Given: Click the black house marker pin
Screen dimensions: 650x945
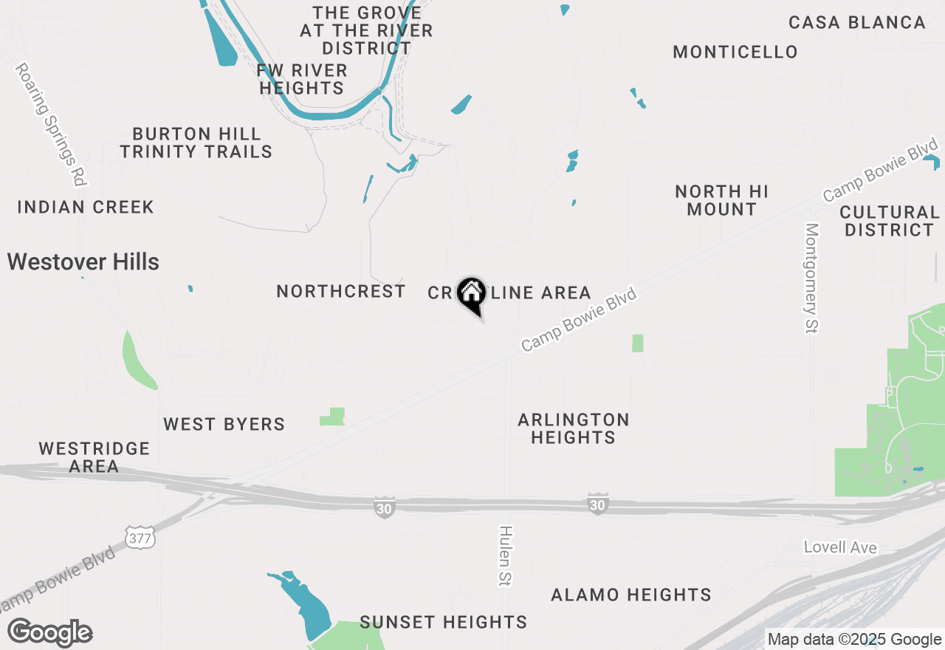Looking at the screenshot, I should click(471, 294).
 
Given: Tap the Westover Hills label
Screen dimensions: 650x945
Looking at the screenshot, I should click(83, 261).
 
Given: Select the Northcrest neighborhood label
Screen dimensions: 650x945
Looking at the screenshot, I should click(341, 292).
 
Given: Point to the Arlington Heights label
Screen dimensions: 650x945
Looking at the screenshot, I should click(574, 428).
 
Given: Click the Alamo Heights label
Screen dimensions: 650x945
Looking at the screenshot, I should click(631, 595).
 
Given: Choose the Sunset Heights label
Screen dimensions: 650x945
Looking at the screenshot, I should click(444, 622).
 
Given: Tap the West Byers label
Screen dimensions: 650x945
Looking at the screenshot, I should click(224, 424).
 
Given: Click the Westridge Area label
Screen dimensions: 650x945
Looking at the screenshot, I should click(94, 457).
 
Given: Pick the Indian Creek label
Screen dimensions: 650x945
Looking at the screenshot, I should click(86, 207).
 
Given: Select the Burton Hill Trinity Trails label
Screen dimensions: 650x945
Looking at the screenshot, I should click(196, 143).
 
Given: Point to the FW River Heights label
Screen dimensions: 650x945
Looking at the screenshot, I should click(302, 79).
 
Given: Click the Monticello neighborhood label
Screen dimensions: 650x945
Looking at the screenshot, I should click(735, 52).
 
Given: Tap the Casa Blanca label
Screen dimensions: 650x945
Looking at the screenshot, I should click(857, 22).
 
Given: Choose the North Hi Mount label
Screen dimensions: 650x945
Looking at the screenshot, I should click(721, 200).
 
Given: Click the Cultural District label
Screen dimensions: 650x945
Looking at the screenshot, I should click(889, 221).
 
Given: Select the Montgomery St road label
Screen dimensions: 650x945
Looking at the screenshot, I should click(812, 278).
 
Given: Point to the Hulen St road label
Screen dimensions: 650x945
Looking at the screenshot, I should click(506, 555).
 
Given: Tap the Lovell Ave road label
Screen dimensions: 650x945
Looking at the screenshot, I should click(840, 547).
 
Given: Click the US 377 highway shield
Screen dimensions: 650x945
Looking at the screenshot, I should click(140, 538).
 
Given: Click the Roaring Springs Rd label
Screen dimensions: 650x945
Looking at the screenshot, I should click(52, 124).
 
